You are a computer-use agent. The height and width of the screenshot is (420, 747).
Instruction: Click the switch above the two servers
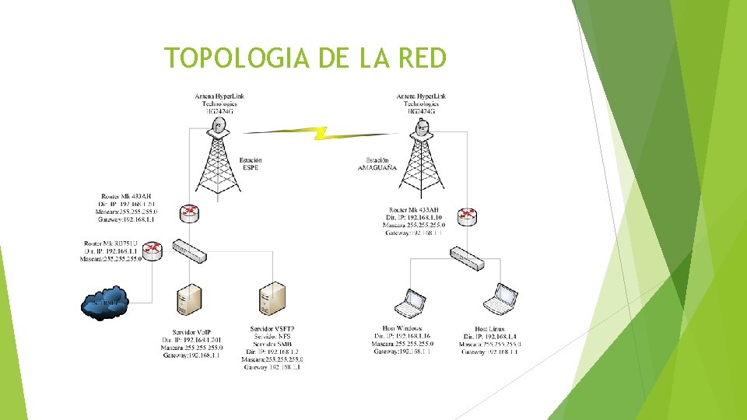coord(189,250)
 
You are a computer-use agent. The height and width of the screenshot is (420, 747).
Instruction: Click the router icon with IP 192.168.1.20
coord(189,212)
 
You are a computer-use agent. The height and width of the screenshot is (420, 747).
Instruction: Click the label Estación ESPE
coord(251,164)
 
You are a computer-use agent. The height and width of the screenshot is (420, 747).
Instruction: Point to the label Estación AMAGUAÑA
coord(377,164)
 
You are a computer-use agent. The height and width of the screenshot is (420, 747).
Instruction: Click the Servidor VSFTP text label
coord(272,329)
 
